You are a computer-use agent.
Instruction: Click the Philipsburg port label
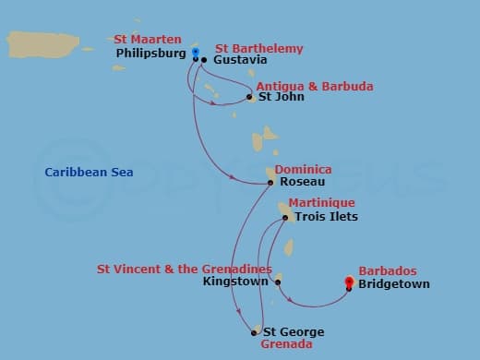coord(151,54)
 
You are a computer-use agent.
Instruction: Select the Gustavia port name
coord(240,60)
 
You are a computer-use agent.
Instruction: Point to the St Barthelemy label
coord(258,48)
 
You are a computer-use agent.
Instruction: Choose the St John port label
coord(281,97)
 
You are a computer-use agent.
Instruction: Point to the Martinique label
coord(321,202)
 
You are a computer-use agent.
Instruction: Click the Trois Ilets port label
coord(326,217)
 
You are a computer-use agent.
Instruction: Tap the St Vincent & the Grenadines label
coord(185,269)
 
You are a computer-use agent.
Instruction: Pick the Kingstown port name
coord(234,282)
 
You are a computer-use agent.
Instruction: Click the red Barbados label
coord(388,271)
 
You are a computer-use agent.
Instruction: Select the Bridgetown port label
coord(394,284)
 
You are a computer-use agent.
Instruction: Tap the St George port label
coord(294,332)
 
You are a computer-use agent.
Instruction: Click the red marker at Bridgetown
coord(349,282)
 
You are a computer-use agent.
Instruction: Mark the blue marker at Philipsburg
coord(196,53)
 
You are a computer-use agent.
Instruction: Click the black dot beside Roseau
coord(270,183)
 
